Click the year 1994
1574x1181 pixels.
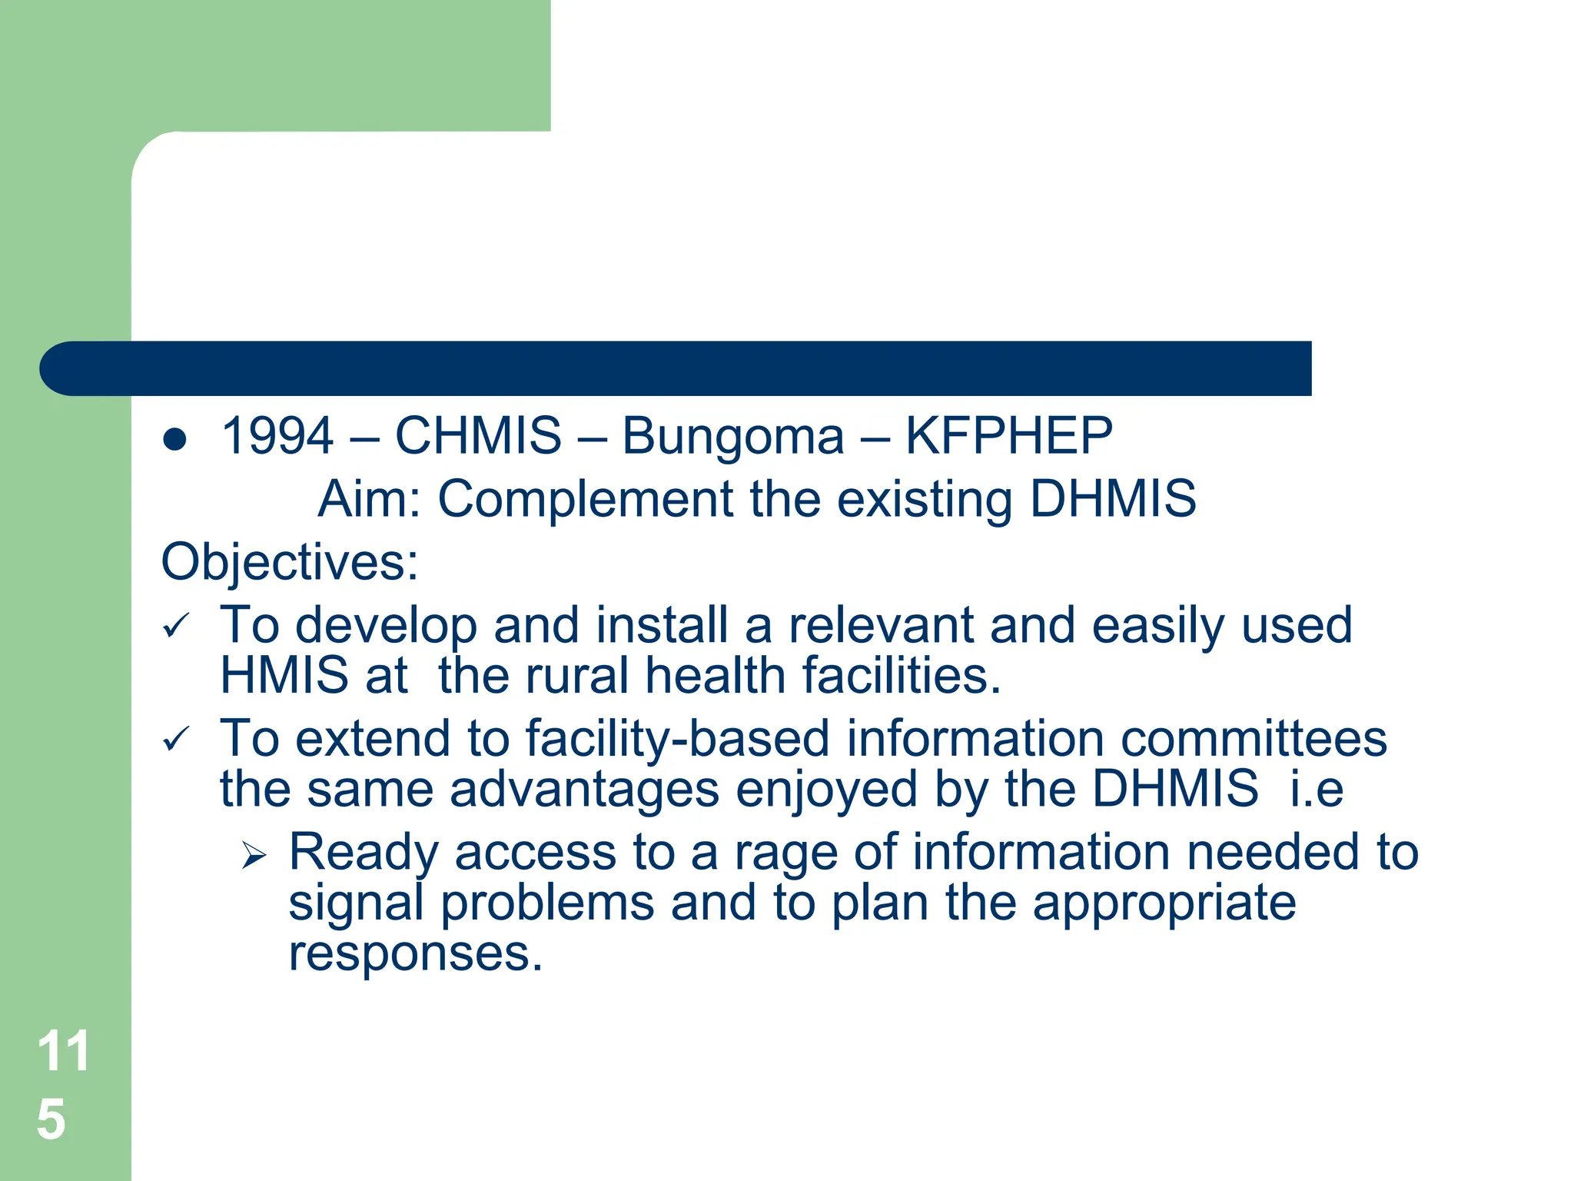coord(277,435)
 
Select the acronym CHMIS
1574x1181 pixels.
coord(478,435)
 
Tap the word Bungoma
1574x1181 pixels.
coord(732,437)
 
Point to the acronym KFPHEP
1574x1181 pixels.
coord(1008,435)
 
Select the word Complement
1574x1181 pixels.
coord(585,500)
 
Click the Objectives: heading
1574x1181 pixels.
coord(290,562)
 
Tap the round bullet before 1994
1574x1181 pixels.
coord(175,439)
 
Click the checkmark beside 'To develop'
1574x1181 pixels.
coord(176,626)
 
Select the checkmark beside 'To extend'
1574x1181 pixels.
coord(176,740)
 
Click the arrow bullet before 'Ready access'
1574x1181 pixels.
coord(254,854)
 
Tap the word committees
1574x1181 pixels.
coord(1254,739)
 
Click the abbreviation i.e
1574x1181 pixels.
coord(1317,789)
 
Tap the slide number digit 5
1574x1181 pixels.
coord(51,1119)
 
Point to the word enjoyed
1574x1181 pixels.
coord(826,790)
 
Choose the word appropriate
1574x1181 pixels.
coord(1164,904)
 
